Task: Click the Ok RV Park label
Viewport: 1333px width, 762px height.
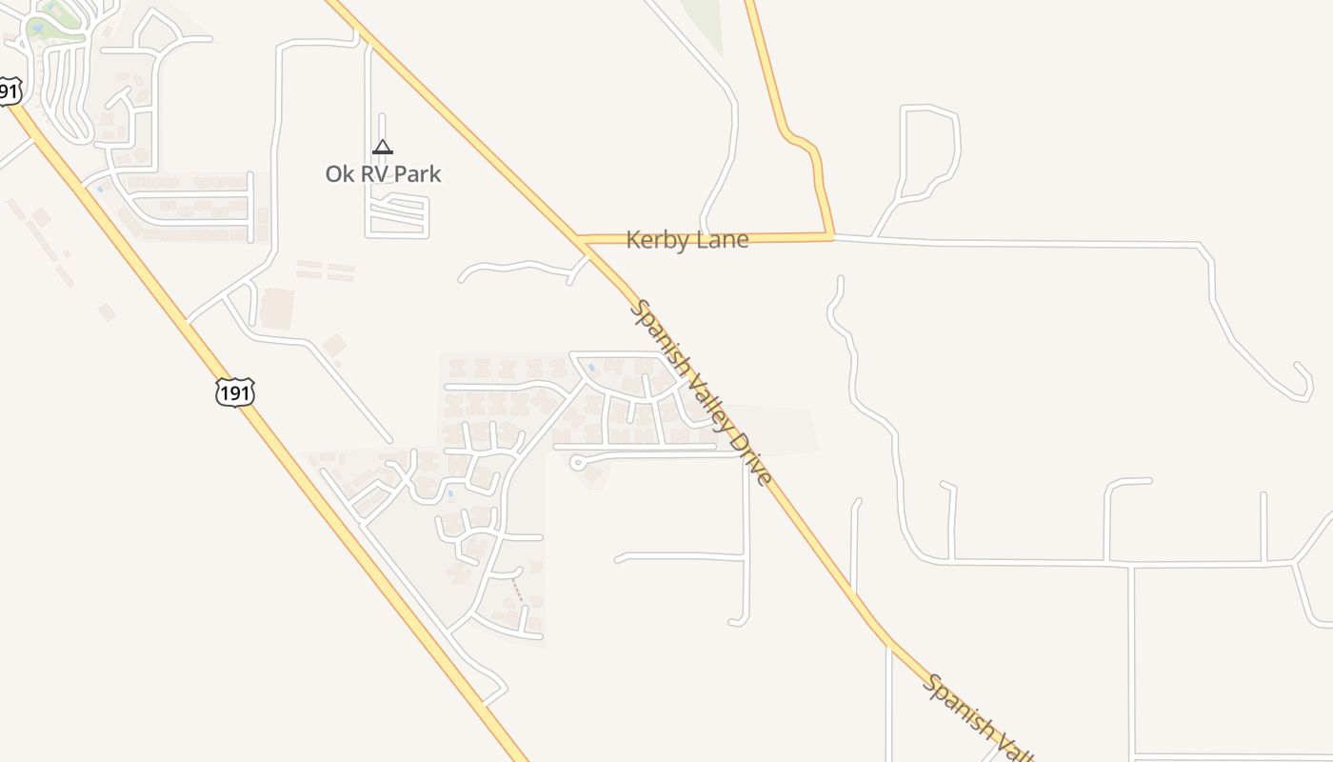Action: [383, 174]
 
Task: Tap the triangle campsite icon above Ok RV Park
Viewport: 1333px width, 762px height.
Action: [382, 147]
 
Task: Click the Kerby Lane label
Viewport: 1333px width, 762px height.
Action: [686, 240]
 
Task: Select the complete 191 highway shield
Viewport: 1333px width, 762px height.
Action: [234, 391]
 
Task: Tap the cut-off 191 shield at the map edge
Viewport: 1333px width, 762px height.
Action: [9, 91]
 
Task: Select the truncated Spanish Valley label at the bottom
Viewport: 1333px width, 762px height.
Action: [976, 716]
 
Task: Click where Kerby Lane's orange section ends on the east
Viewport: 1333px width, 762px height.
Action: [832, 235]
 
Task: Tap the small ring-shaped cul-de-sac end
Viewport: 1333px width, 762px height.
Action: [576, 462]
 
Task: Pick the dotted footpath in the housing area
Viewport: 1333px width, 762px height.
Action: [517, 590]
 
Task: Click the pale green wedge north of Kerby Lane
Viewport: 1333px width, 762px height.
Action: [705, 24]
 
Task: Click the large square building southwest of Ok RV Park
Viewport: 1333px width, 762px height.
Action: [277, 309]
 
